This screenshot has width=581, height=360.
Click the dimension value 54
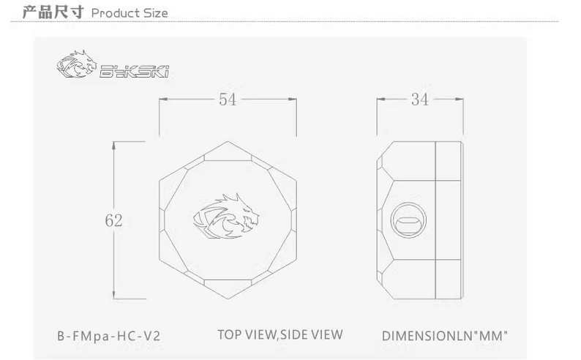[228, 100]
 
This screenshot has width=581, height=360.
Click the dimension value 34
[420, 100]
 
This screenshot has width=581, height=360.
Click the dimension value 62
[113, 221]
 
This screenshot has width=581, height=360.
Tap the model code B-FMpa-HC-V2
[108, 336]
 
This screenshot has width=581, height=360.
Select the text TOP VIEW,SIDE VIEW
[280, 335]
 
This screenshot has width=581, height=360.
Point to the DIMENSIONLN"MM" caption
[445, 336]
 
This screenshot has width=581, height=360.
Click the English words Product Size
[130, 14]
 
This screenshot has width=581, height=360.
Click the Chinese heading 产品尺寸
[53, 12]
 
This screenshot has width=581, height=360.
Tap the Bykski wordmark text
[135, 71]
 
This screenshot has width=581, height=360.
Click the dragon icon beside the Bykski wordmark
[76, 64]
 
